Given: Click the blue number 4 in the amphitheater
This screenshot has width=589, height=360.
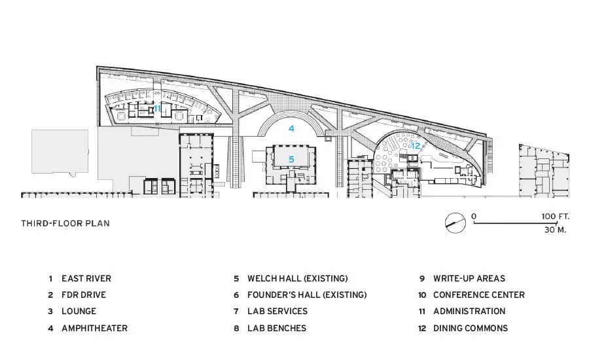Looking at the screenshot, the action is click(x=291, y=128).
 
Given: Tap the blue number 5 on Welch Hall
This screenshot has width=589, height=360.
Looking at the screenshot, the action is click(x=291, y=159).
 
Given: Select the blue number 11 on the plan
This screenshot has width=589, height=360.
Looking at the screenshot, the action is click(x=157, y=109).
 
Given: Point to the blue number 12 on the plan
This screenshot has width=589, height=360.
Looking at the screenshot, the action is click(x=416, y=146).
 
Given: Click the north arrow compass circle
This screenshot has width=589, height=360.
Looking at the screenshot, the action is click(x=455, y=223).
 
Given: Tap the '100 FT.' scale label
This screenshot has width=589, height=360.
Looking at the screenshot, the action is click(x=555, y=217).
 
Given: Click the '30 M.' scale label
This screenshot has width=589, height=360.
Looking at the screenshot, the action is click(x=556, y=230).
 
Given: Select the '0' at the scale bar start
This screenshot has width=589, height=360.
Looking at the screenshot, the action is click(x=474, y=217).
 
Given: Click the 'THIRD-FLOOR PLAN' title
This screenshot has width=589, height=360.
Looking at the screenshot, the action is click(x=65, y=224).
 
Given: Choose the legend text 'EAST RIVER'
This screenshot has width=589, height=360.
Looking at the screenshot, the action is click(x=86, y=278).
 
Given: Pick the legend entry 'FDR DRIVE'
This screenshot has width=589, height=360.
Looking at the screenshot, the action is click(x=84, y=295).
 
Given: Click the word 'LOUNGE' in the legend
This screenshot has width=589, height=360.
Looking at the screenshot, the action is click(x=79, y=312).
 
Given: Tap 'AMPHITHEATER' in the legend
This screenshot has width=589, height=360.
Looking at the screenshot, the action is click(x=95, y=328).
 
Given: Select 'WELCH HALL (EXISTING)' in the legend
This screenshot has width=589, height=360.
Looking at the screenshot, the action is click(x=298, y=278).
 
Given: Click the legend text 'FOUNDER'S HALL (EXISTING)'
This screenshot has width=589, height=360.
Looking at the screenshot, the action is click(x=307, y=295).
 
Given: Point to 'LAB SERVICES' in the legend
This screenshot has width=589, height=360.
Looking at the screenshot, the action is click(x=277, y=312).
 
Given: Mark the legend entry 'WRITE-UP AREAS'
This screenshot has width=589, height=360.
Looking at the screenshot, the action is click(x=469, y=278).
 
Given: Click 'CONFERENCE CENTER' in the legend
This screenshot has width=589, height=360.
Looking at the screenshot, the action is click(x=479, y=295).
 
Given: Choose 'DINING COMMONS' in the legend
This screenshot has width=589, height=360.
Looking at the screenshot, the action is click(x=471, y=328).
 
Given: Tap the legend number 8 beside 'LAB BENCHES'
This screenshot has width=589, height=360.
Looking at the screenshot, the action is click(x=236, y=329).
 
